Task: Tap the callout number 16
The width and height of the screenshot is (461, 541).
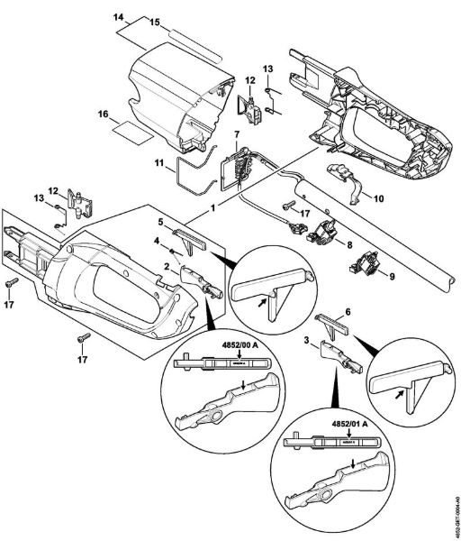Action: tap(104, 115)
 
